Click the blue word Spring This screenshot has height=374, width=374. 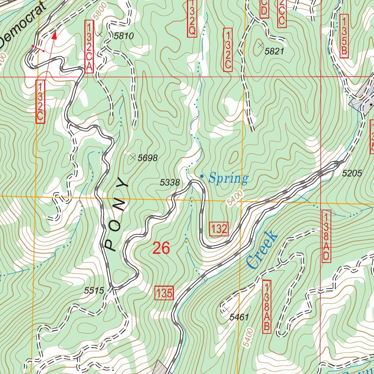pos(228,179)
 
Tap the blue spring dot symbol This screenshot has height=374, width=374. pos(202,176)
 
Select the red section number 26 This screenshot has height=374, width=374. pos(161,248)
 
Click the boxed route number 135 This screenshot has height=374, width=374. pos(164,293)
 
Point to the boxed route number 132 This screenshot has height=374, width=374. pos(219,229)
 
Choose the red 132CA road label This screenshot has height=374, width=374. pos(89,46)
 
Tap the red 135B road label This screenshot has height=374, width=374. pos(343,35)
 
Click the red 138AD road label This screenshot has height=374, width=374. pos(326,236)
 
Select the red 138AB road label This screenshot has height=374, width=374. pos(267,306)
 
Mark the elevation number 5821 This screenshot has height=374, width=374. pos(274,51)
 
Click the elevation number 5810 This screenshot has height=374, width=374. pos(124,36)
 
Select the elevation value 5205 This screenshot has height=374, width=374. pos(352,174)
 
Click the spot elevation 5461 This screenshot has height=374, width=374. pos(239,317)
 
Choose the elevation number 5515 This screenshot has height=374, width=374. pos(94,291)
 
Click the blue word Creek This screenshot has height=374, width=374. pos(262,249)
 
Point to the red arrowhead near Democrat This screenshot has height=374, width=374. pos(55,35)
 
